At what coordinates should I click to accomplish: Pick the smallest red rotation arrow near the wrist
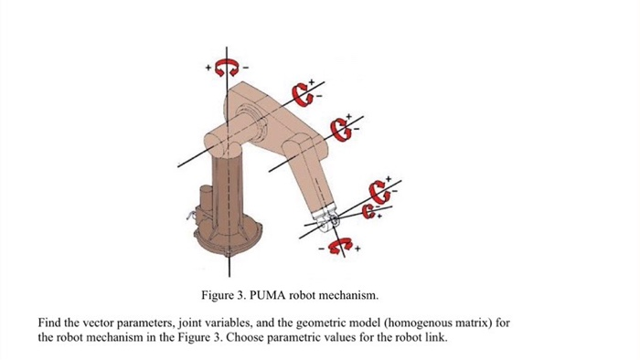[x=368, y=212]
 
